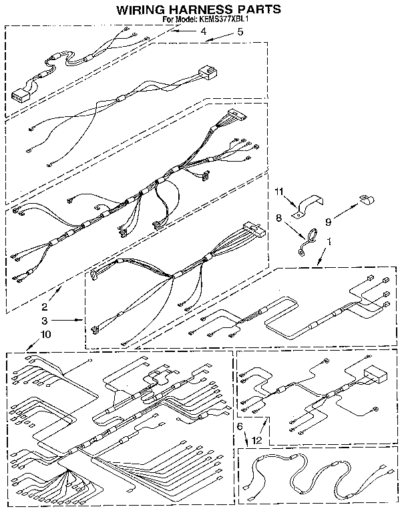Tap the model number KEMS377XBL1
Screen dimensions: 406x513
pos(222,19)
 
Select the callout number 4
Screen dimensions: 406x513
pos(204,31)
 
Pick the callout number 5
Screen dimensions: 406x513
pos(240,32)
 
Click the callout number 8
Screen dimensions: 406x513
pos(278,218)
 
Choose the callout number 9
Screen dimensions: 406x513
pos(328,222)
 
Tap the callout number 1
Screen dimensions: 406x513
pos(329,242)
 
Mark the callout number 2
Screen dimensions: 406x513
pos(45,307)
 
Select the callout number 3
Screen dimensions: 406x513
pos(45,321)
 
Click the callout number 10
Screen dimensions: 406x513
pos(46,335)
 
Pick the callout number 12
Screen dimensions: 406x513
pos(257,440)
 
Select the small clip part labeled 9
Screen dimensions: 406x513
pos(367,199)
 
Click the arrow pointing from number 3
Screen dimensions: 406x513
pos(67,320)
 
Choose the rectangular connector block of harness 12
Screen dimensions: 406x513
pos(375,374)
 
